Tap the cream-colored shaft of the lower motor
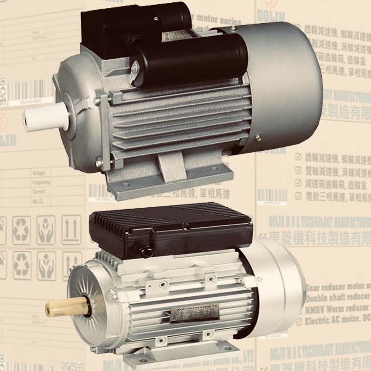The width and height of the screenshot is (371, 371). (x=65, y=307)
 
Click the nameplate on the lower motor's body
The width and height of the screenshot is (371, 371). (x=195, y=316)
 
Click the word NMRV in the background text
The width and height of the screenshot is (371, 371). (x=317, y=308)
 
